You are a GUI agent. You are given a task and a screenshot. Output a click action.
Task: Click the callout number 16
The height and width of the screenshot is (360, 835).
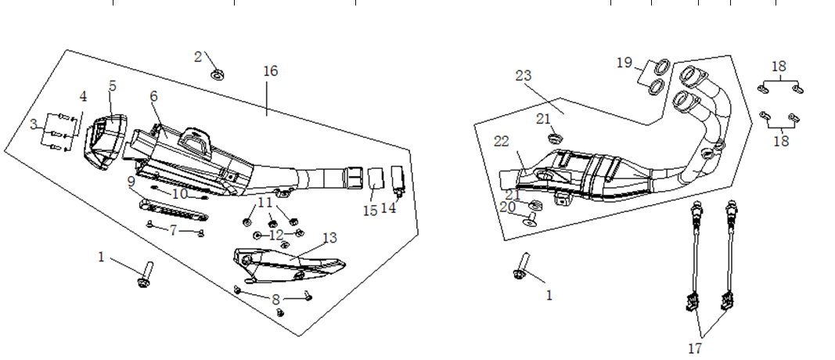(270, 71)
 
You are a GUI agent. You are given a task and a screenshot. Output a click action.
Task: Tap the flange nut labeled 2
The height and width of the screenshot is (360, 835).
(218, 75)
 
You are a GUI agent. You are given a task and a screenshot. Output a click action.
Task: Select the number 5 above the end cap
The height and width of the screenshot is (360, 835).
(113, 85)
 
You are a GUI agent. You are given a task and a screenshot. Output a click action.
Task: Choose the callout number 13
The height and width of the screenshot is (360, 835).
(329, 238)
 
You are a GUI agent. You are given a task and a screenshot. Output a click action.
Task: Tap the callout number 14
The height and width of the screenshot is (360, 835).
(389, 209)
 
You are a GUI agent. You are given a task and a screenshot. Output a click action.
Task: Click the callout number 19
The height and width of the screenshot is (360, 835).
(624, 62)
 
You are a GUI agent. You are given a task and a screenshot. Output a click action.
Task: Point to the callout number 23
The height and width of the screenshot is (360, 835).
(524, 76)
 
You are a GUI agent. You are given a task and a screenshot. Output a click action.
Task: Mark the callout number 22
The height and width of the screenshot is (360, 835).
(502, 141)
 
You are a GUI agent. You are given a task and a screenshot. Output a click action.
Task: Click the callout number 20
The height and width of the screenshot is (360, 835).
(508, 207)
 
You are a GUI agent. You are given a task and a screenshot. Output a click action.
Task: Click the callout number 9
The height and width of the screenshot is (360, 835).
(133, 182)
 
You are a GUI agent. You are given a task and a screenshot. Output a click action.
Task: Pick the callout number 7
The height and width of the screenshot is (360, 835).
(174, 230)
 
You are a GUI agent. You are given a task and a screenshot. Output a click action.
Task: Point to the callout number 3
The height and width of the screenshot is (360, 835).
(33, 124)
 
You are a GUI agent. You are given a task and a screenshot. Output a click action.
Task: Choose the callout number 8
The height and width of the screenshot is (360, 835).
(275, 299)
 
